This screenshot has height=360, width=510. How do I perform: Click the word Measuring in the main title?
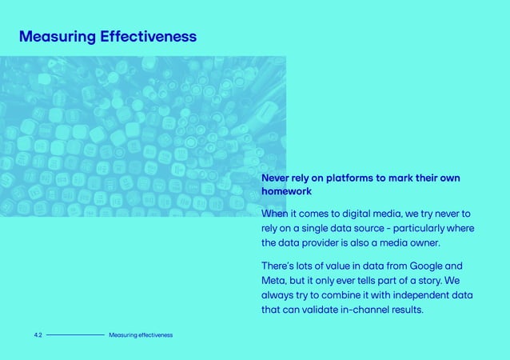click(55, 37)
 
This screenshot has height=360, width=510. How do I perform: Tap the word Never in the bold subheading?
click(278, 178)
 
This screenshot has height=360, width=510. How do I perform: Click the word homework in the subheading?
click(286, 192)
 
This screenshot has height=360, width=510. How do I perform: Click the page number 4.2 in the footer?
click(38, 334)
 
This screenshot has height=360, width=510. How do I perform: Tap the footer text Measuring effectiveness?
click(141, 334)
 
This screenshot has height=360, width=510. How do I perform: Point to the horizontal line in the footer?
click(75, 334)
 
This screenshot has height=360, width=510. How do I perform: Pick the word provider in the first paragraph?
click(329, 243)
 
